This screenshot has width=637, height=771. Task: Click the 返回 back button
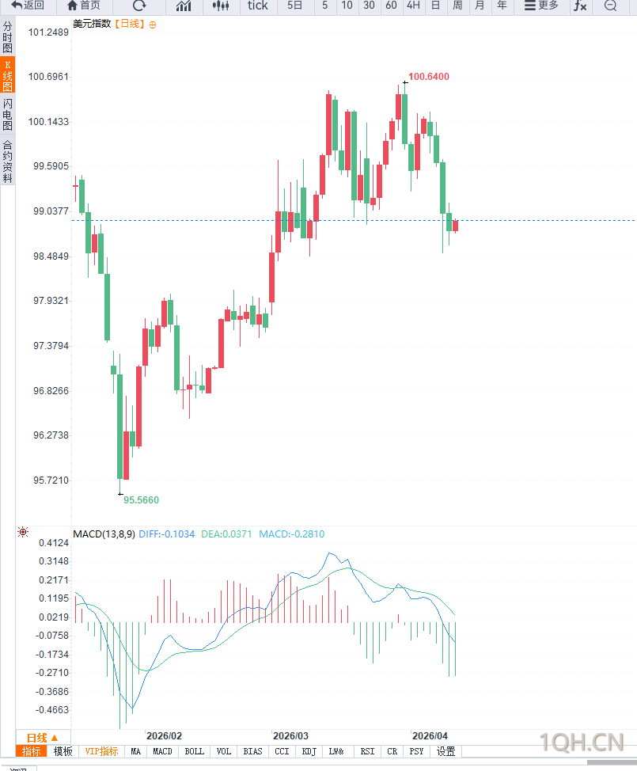(27, 6)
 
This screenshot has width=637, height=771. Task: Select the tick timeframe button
(257, 6)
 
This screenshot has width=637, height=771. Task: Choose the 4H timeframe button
(413, 6)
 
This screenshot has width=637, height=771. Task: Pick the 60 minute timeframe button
(391, 6)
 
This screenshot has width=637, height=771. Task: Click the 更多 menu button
(541, 6)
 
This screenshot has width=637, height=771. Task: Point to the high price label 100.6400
(429, 77)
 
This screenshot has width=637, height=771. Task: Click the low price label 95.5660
(141, 500)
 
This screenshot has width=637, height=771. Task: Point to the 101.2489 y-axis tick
(48, 32)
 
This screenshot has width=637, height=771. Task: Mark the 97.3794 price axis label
(48, 346)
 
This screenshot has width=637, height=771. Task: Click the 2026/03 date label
(290, 735)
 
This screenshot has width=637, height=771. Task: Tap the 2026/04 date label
(430, 735)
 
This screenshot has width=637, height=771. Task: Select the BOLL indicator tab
(194, 751)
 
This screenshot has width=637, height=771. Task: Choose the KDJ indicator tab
(309, 751)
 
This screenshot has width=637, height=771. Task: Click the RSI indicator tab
(367, 751)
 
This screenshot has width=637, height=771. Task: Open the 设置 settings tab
(446, 751)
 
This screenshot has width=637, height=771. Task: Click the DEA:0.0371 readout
(226, 534)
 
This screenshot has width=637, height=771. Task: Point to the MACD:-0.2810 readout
(291, 534)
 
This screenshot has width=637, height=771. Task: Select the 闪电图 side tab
(7, 115)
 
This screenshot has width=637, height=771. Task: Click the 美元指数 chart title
(92, 24)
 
